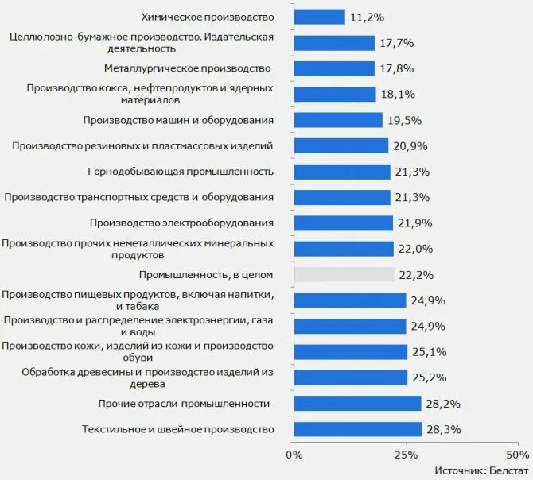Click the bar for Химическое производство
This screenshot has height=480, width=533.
319,17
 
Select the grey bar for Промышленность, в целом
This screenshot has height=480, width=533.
344,274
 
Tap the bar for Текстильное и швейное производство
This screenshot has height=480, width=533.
357,429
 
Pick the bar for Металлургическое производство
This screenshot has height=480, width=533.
334,68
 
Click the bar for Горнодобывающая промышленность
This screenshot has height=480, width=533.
342,172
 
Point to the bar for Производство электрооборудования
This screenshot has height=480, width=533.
343,223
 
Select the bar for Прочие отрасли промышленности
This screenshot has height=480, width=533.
357,404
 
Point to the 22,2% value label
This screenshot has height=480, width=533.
414,275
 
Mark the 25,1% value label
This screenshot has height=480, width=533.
428,352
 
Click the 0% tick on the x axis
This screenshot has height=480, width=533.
294,455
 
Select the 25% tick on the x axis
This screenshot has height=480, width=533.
406,455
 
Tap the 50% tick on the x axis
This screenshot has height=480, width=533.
517,455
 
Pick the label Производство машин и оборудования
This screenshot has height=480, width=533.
179,120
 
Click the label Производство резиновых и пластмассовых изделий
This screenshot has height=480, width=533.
143,145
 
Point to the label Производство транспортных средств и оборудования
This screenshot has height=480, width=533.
139,197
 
